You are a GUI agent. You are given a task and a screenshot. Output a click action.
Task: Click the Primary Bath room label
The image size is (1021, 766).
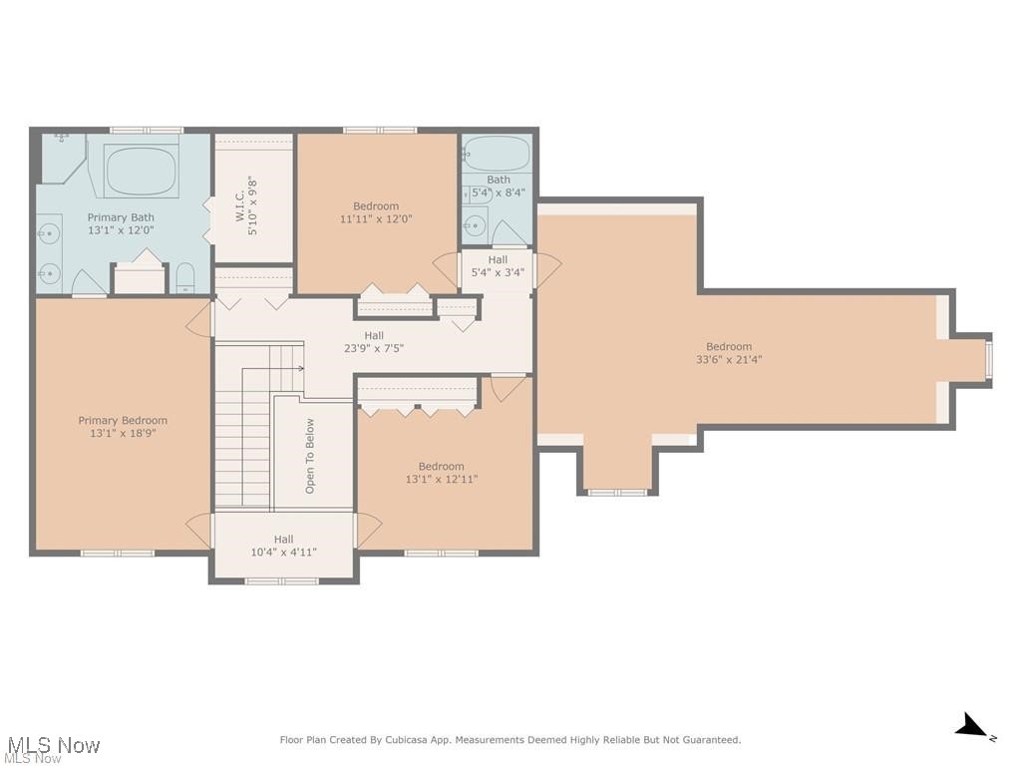coord(121,217)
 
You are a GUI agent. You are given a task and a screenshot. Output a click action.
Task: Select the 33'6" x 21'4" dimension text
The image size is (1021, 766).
coord(728,360)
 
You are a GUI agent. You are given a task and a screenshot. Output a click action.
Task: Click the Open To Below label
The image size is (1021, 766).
coord(310,456)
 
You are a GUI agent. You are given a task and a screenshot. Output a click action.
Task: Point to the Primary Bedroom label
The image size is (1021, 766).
coord(123,421)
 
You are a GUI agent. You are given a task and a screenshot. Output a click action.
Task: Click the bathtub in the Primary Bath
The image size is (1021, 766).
coord(142,171)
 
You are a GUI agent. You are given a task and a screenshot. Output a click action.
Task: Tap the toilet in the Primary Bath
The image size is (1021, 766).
coord(185,278)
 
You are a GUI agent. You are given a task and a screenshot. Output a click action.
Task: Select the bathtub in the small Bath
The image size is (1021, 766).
coord(497,153)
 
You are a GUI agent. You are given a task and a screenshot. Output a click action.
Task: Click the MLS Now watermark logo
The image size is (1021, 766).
coord(51,747)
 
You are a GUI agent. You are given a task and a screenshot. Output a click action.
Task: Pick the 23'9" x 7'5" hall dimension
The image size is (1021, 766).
coord(374,349)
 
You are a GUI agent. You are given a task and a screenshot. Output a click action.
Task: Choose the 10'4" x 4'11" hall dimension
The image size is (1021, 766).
coord(283,552)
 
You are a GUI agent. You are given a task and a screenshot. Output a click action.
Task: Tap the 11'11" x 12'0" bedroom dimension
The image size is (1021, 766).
coord(376,219)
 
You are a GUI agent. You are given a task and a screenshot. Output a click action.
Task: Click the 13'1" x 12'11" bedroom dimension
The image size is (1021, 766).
coord(441,480)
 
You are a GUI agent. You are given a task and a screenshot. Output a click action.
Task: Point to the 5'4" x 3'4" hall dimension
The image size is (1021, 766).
coord(498,272)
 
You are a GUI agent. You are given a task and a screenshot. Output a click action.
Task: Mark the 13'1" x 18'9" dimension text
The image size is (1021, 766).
coord(123,434)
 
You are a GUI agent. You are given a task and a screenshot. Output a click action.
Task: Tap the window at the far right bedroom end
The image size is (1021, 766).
coord(989,360)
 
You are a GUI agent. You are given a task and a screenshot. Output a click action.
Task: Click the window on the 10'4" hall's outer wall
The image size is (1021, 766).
coord(282,580)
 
